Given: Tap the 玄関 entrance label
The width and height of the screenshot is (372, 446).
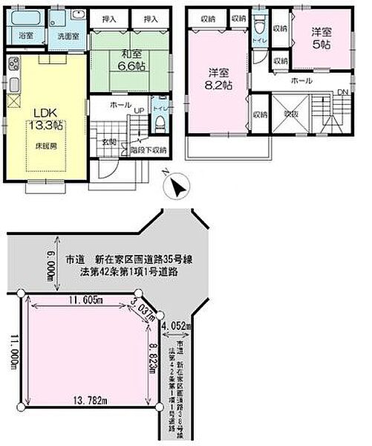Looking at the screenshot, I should [109, 141].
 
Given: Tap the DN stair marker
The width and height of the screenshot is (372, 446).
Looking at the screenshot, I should [342, 91].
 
